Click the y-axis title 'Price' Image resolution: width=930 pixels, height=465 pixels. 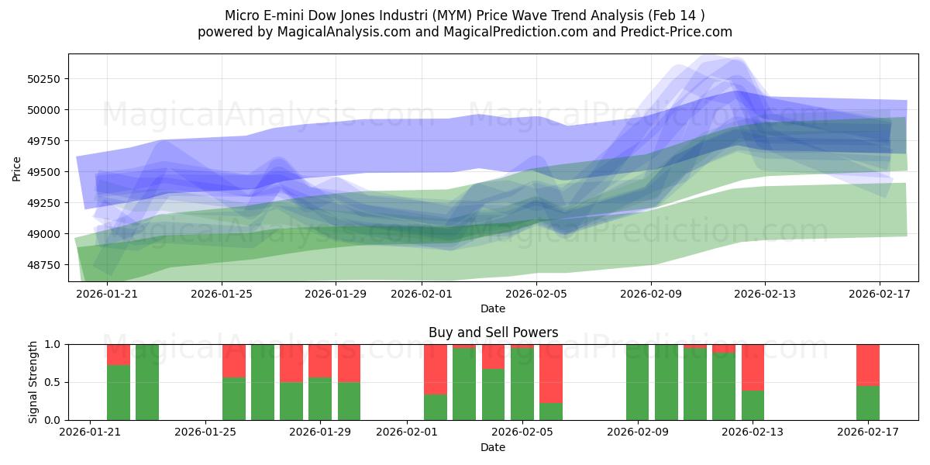17,168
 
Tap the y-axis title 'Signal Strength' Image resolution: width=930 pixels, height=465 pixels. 33,382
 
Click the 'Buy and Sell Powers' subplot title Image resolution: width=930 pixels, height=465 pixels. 493,332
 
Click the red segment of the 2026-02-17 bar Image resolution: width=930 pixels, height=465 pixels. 868,364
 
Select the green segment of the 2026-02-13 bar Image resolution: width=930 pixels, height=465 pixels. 753,405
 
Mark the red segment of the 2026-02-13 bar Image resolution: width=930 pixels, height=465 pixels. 753,367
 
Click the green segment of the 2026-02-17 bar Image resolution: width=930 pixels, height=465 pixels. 868,403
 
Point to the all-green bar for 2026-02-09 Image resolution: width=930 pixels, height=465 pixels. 637,382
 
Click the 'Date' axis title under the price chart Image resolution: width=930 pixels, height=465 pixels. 493,308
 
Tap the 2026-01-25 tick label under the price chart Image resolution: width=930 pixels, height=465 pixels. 222,294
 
